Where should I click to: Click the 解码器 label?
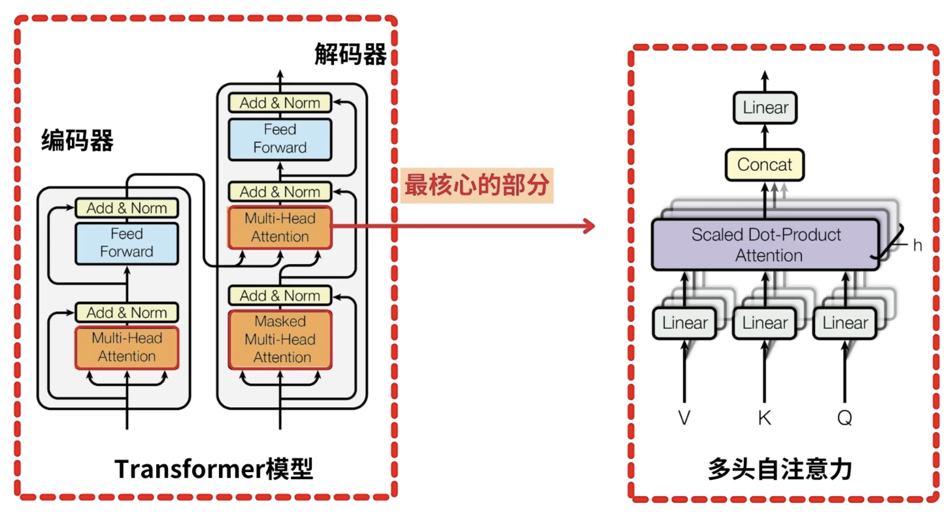[350, 55]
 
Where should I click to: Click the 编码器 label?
[77, 140]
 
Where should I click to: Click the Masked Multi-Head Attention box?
[280, 340]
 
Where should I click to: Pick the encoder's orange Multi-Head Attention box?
[127, 347]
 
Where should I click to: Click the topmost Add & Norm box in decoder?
[280, 103]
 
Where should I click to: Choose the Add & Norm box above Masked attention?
[280, 296]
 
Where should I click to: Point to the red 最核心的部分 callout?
[477, 185]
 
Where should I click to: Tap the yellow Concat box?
[765, 165]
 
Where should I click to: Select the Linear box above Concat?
[765, 108]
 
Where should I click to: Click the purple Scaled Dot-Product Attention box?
[766, 245]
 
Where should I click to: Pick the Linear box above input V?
[685, 323]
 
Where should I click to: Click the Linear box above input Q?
[845, 323]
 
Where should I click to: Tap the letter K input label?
[765, 418]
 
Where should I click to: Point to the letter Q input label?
[844, 418]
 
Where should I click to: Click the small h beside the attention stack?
[917, 245]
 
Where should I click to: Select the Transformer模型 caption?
[214, 469]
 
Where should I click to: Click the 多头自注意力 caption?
[780, 469]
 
